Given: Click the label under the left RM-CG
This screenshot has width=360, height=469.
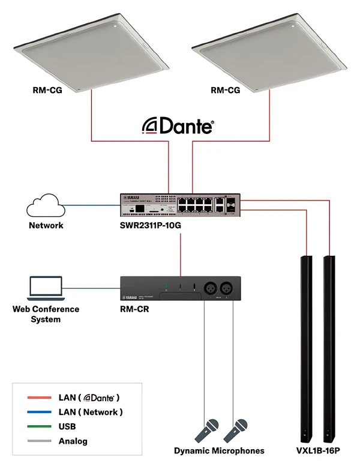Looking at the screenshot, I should coord(48,91).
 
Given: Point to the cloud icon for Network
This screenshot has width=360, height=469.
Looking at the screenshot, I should coord(45,207).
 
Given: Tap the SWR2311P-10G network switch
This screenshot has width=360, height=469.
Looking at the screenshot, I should coord(181,205).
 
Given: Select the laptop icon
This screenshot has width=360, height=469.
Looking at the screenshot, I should coord(46,289).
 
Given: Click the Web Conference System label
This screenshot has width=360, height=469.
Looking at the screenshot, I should coord(46,314).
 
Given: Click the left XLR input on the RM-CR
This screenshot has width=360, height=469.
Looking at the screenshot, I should coord(211,287).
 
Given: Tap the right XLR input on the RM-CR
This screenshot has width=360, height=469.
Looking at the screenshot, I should coord(229,287).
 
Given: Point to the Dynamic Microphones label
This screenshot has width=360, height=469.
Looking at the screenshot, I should coord(219,450).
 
